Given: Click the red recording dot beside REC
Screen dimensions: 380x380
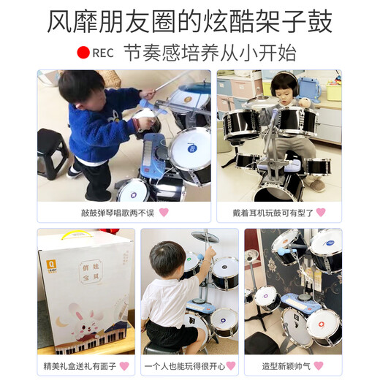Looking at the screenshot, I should click(x=84, y=53).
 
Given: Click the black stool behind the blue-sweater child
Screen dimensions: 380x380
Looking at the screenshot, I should click(x=52, y=151).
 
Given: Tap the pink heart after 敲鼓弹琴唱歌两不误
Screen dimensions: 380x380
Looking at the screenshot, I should click(x=164, y=213).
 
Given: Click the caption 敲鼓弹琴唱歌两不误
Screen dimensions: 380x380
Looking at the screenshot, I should click(x=117, y=213).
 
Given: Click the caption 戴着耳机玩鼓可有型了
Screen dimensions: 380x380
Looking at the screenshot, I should click(x=273, y=213).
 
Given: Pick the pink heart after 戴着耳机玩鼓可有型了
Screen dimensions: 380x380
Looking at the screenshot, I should click(x=321, y=213).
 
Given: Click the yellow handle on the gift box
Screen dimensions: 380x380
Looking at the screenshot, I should click(x=71, y=236).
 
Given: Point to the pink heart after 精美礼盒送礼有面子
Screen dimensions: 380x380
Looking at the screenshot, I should click(x=124, y=365).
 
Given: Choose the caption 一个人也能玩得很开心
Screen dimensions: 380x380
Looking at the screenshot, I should click(x=183, y=365).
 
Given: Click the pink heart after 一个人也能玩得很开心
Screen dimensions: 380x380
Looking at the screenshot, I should click(x=231, y=365).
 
